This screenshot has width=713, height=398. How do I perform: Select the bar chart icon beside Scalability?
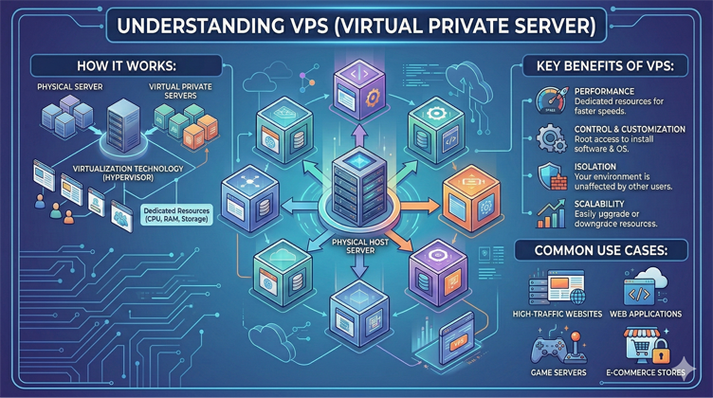pos(551,214)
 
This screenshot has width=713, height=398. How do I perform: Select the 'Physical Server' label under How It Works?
pos(70,87)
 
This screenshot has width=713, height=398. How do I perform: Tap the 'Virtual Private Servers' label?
pos(183,91)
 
